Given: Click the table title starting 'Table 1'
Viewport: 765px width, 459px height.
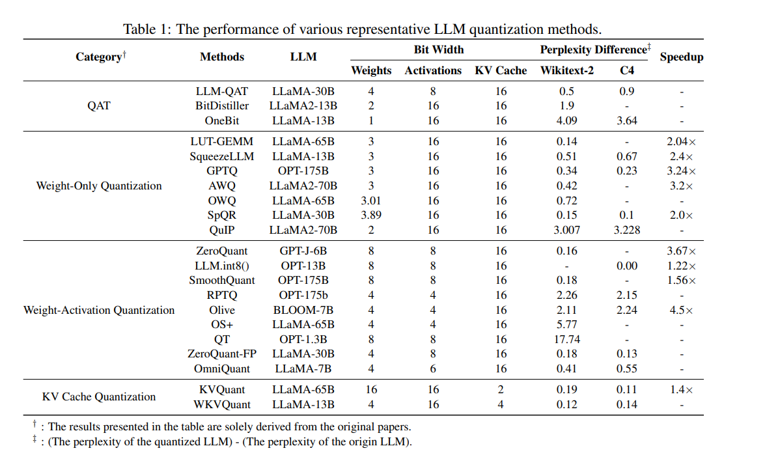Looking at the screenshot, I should (362, 29).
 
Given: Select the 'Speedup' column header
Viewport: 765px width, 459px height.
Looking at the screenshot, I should (681, 57).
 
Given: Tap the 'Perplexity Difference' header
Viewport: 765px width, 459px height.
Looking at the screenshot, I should (593, 49).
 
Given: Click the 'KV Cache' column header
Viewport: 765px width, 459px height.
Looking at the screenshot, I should (500, 70).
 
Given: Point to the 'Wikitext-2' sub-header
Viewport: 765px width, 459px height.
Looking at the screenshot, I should (566, 70).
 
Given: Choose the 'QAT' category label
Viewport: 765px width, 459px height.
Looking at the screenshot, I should (98, 105).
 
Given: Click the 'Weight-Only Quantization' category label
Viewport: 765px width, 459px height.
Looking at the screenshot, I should (99, 186).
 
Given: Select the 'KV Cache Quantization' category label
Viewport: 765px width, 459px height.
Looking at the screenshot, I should (99, 396).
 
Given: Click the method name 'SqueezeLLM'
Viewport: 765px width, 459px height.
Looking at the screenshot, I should (222, 156).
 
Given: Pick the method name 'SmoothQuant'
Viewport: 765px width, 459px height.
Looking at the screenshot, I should (222, 280).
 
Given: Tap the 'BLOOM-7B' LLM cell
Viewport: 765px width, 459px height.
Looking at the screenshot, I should (303, 310).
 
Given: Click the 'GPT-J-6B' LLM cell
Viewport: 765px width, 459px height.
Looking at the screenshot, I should (303, 251).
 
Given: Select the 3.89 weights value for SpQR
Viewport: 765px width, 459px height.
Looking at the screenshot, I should (371, 215).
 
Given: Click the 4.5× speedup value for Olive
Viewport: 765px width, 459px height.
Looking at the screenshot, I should (682, 310).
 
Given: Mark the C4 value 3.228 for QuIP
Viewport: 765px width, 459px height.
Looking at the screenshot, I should (627, 230).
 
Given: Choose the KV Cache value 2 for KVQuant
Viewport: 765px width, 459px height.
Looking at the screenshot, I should (500, 389).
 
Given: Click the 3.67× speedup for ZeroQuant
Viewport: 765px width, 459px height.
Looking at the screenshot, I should (682, 251).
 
